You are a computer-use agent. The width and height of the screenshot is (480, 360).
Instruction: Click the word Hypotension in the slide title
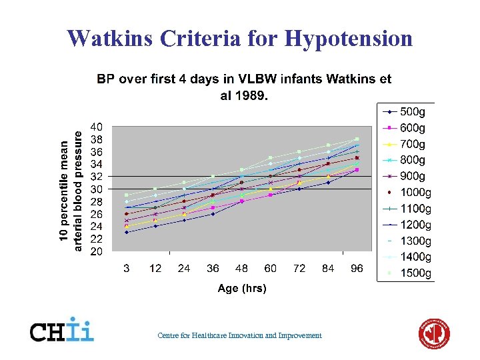(349, 38)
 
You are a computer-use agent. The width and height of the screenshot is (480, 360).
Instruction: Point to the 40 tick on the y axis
(96, 127)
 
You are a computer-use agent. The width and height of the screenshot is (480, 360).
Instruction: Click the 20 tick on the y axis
(96, 251)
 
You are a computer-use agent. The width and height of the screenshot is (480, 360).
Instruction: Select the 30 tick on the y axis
(96, 189)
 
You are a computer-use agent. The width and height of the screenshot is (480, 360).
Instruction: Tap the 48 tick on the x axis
(242, 268)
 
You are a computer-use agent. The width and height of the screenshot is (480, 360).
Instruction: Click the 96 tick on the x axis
(357, 268)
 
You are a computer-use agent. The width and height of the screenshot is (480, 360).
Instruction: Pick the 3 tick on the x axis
(127, 268)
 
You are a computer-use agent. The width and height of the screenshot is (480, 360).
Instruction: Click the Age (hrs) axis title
(242, 288)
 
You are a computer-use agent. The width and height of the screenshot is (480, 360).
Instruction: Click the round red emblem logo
(434, 333)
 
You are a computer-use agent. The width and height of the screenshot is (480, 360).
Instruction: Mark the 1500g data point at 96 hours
(357, 139)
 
